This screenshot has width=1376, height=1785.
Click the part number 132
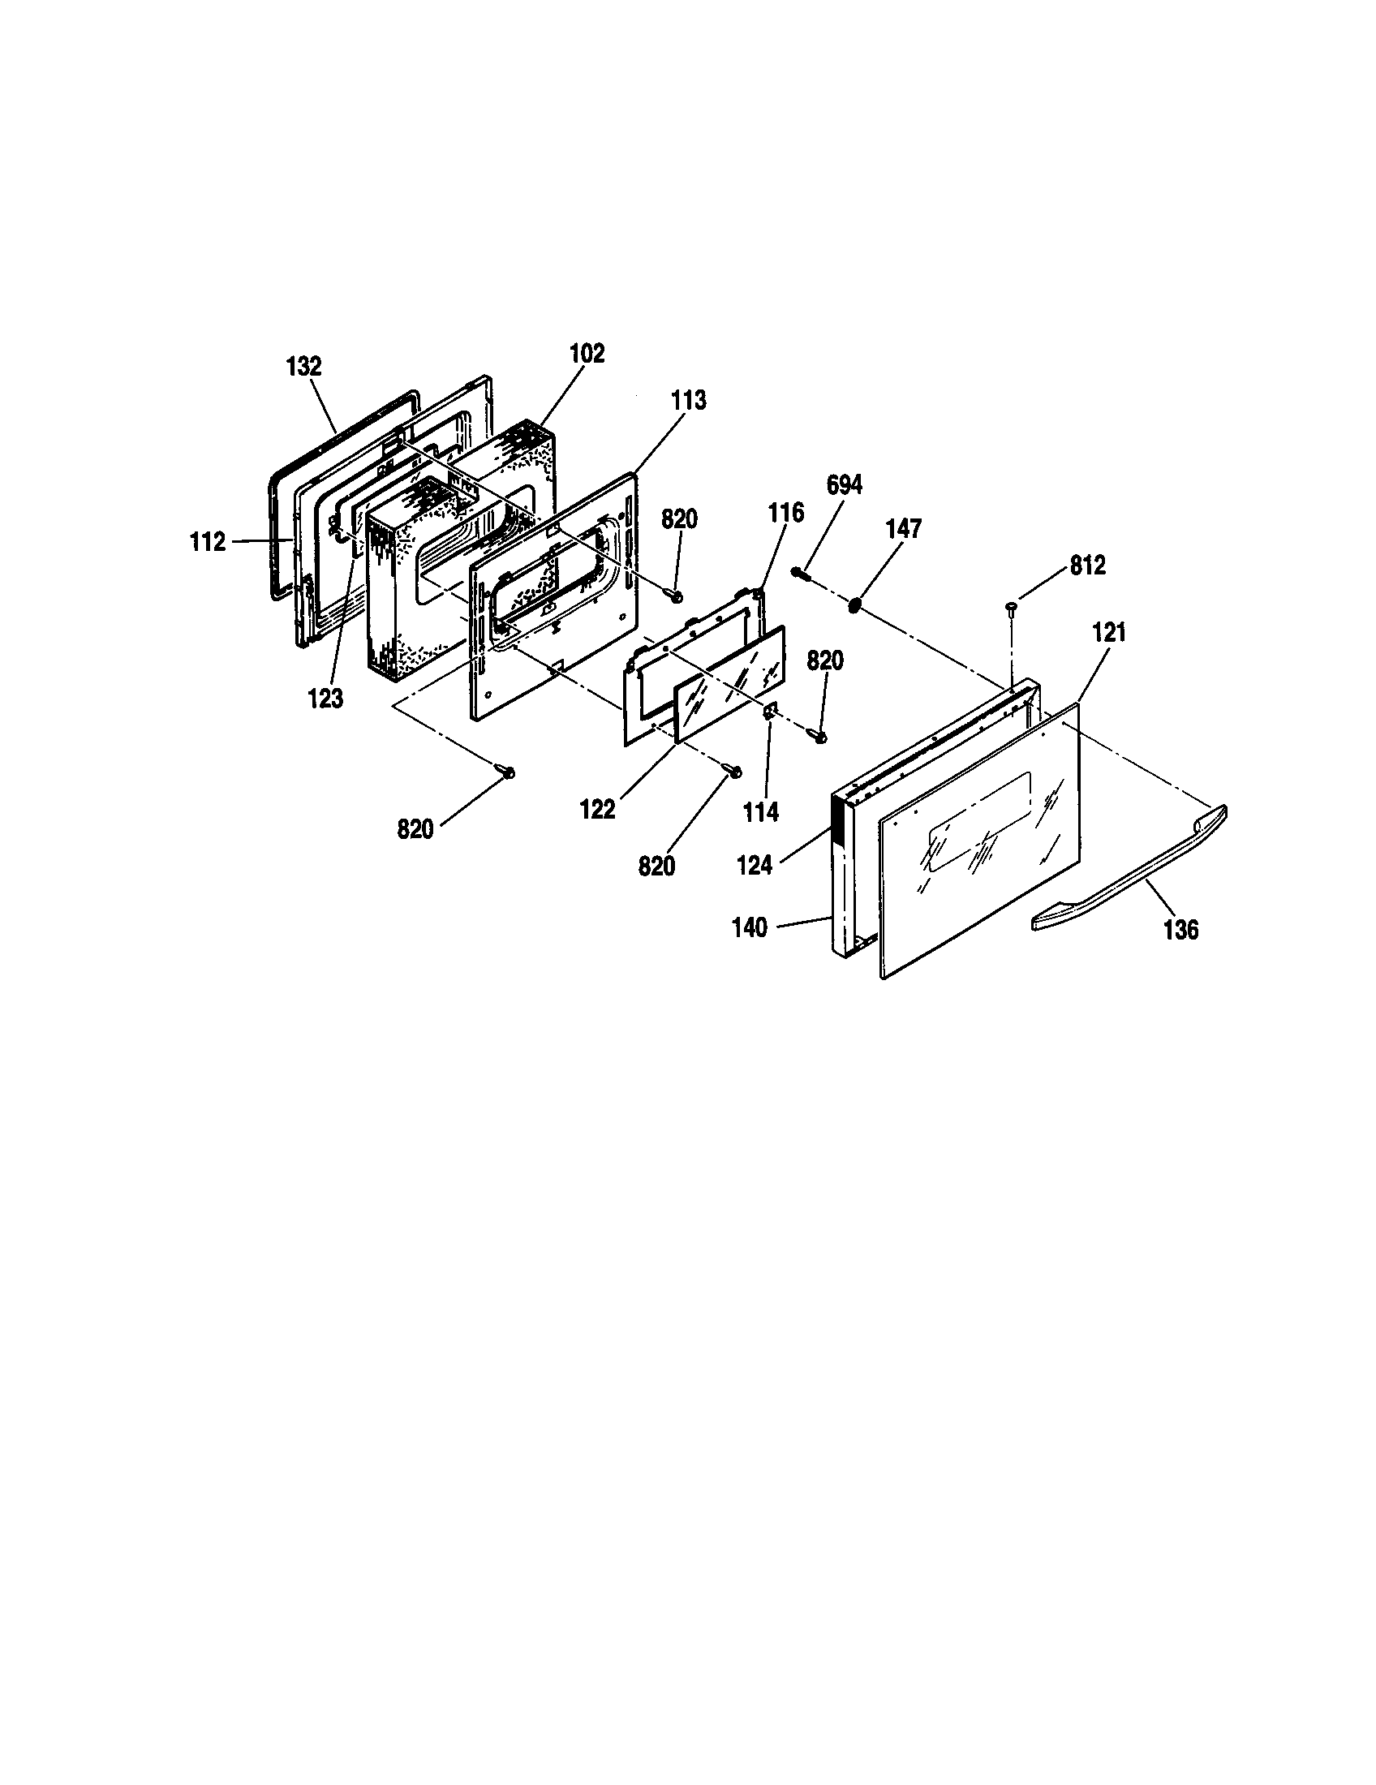304,366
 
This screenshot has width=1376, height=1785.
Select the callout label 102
587,353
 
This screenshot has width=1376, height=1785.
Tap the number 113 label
689,401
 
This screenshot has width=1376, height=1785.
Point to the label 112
208,541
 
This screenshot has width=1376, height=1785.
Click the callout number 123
325,699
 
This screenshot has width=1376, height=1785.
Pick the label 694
844,484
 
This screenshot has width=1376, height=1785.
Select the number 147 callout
904,529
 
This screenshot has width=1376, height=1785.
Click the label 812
1087,566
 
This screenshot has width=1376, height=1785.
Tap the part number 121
1109,632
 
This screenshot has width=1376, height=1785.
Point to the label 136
1180,929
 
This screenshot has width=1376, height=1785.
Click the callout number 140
750,927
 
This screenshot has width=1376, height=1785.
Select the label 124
754,866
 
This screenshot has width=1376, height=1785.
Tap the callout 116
785,513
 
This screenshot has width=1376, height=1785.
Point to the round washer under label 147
854,604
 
